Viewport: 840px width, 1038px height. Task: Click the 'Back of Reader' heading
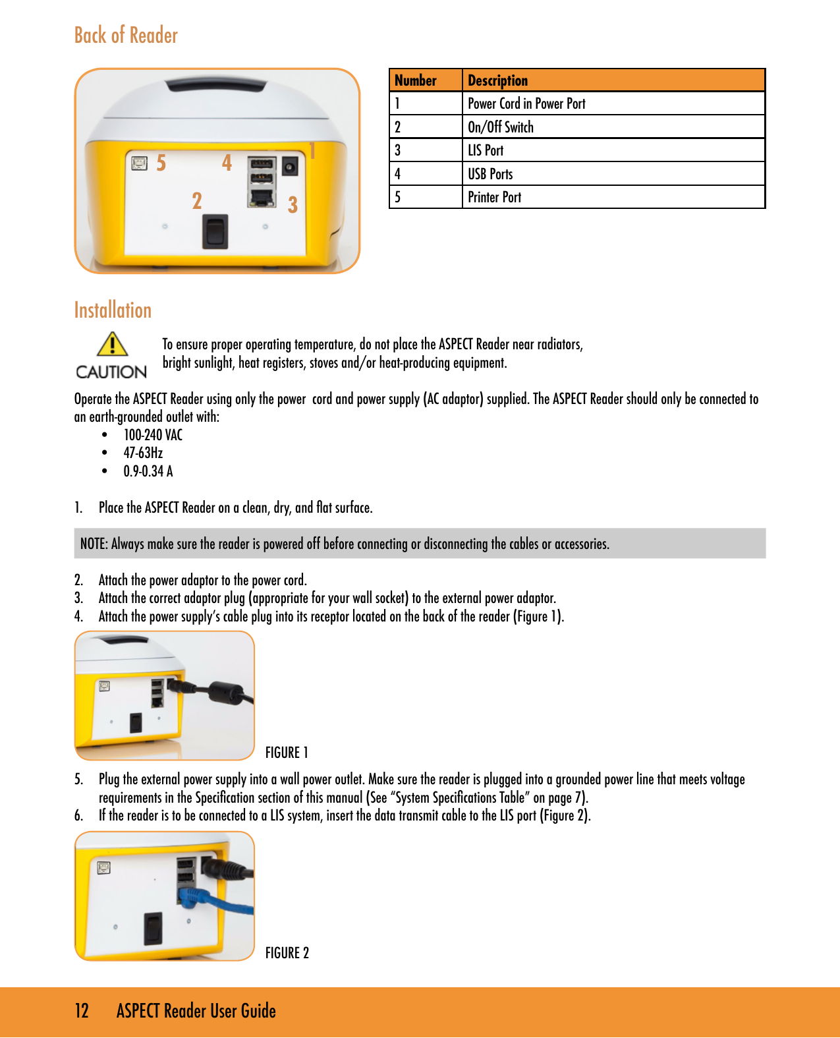(x=126, y=35)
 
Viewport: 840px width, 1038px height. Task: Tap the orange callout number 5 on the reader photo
(x=161, y=163)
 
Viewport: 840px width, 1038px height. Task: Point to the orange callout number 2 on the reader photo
(x=196, y=200)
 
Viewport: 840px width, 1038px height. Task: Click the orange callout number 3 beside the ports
(x=293, y=204)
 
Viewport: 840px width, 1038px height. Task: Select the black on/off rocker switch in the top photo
(x=215, y=231)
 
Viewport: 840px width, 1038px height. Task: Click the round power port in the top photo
(x=289, y=166)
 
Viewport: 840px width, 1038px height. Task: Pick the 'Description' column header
(x=497, y=80)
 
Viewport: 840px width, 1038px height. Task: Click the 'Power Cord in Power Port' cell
(x=526, y=103)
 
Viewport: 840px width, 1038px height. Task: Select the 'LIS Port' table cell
(x=486, y=150)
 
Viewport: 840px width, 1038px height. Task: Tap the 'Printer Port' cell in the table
(x=494, y=197)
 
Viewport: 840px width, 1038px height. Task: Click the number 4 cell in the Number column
(x=398, y=174)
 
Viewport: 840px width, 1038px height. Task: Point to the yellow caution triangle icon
(x=112, y=344)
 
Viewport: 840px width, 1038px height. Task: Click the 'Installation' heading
(x=113, y=310)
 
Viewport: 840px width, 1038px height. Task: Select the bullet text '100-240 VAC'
(x=153, y=435)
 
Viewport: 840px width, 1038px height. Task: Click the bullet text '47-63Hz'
(x=143, y=453)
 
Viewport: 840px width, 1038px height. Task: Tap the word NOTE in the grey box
(x=93, y=544)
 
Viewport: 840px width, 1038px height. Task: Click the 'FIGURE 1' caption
(x=287, y=753)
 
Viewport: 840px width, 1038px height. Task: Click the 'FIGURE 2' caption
(x=287, y=953)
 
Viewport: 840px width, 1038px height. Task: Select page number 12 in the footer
(x=82, y=1011)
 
